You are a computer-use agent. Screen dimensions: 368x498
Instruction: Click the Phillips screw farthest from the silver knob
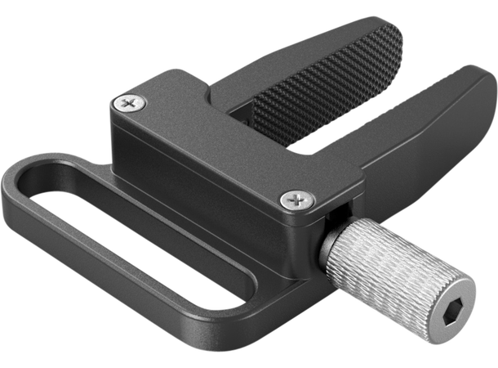click(x=128, y=103)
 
